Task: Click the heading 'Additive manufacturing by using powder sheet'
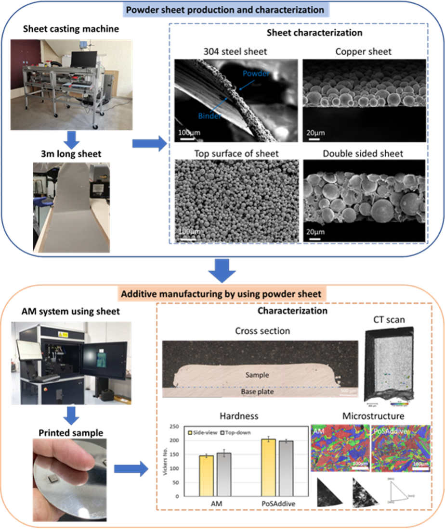[x=222, y=293]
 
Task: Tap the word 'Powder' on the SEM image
[x=256, y=74]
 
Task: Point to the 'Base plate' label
[x=257, y=391]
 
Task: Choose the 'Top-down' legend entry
[x=237, y=432]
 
